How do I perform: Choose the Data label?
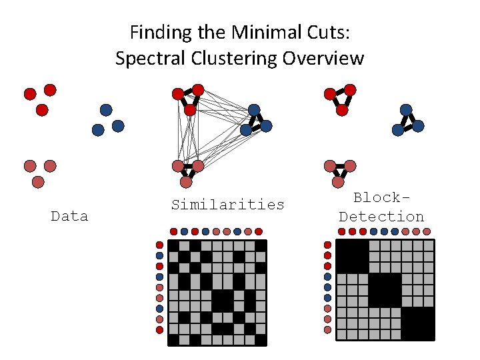pyautogui.click(x=69, y=216)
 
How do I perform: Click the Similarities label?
pyautogui.click(x=227, y=205)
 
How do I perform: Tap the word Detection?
pyautogui.click(x=381, y=217)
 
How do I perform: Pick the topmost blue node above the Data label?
pyautogui.click(x=105, y=109)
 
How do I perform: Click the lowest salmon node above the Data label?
pyautogui.click(x=38, y=181)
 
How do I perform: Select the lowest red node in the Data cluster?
pyautogui.click(x=42, y=109)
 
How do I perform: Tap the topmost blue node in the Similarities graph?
pyautogui.click(x=254, y=109)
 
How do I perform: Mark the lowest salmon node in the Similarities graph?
pyautogui.click(x=186, y=181)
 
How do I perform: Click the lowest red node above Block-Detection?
pyautogui.click(x=342, y=109)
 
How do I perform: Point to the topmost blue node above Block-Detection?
pyautogui.click(x=405, y=109)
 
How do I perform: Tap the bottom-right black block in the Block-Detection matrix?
pyautogui.click(x=417, y=323)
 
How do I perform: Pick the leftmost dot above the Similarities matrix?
pyautogui.click(x=173, y=231)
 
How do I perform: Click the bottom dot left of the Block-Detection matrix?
pyautogui.click(x=327, y=330)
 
